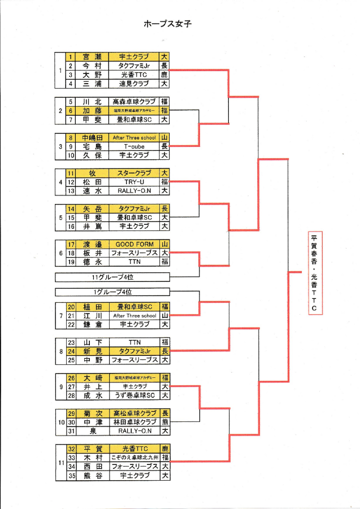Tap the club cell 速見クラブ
coord(134,84)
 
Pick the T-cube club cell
coord(134,146)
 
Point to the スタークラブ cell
coord(134,173)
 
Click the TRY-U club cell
coord(134,182)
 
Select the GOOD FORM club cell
coord(134,244)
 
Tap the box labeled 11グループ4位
coord(112,277)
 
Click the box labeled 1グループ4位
coord(112,292)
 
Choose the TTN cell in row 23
coord(134,342)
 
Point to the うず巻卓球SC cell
coord(134,395)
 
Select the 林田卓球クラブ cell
coord(134,422)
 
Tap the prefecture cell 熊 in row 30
coord(164,422)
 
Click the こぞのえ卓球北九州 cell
coord(134,457)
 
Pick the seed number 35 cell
coord(71,476)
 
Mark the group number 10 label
coord(60,422)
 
